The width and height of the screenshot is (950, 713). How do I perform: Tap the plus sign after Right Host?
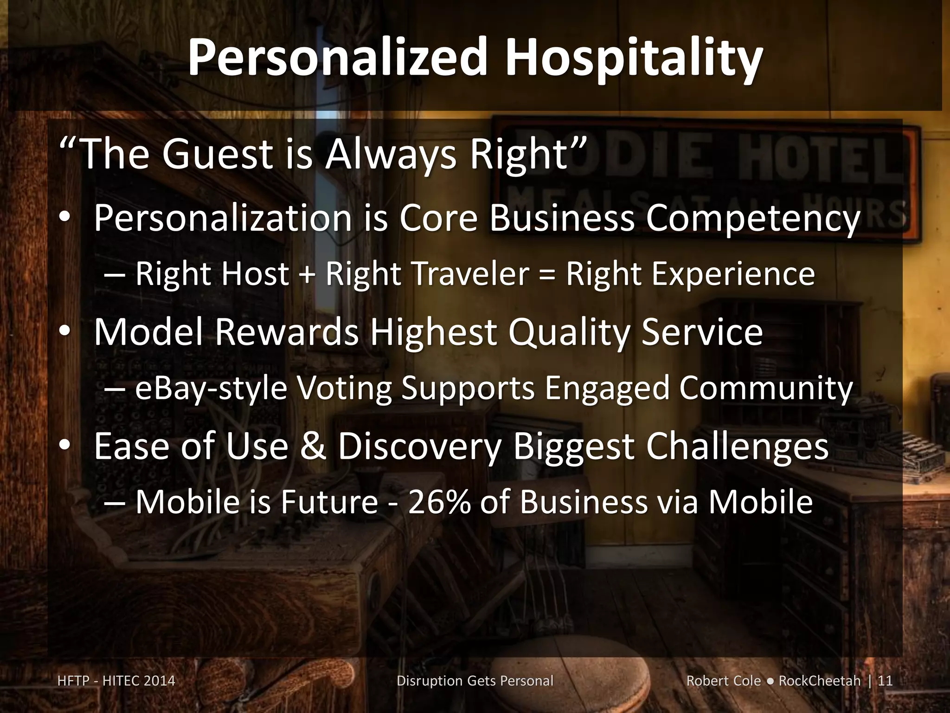(x=307, y=274)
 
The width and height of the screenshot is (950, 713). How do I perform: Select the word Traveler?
(x=474, y=274)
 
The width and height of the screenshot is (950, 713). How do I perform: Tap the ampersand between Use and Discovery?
(x=314, y=447)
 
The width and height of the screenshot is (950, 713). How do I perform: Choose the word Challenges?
(x=737, y=447)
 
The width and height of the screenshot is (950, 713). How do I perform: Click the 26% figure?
(x=439, y=502)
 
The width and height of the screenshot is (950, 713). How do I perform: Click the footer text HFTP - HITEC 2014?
(x=116, y=681)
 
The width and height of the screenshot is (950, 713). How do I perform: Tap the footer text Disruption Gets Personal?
(x=475, y=681)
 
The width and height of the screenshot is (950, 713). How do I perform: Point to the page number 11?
(x=885, y=681)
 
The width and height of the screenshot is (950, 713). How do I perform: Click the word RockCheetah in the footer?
(x=819, y=681)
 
